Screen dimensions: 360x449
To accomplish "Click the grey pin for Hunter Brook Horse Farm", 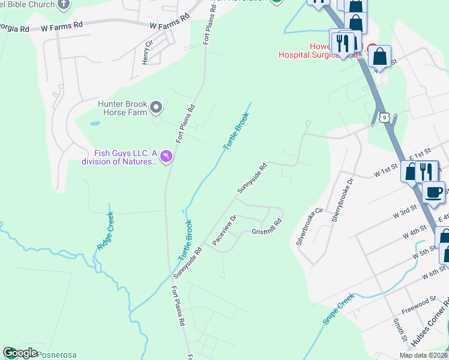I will coord(156,107).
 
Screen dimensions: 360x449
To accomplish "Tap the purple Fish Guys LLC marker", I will coord(166,157).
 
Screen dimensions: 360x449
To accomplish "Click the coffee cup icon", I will coord(434,193).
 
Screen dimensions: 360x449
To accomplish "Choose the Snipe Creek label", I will coord(339,309).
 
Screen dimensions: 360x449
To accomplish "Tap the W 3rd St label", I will coord(405,212).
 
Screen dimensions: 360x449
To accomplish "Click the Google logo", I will coord(19,353).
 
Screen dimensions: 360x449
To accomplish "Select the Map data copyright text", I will coord(424,355).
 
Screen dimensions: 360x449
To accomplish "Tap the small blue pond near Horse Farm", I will coord(94,124).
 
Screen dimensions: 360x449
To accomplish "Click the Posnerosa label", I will coord(58,355).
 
